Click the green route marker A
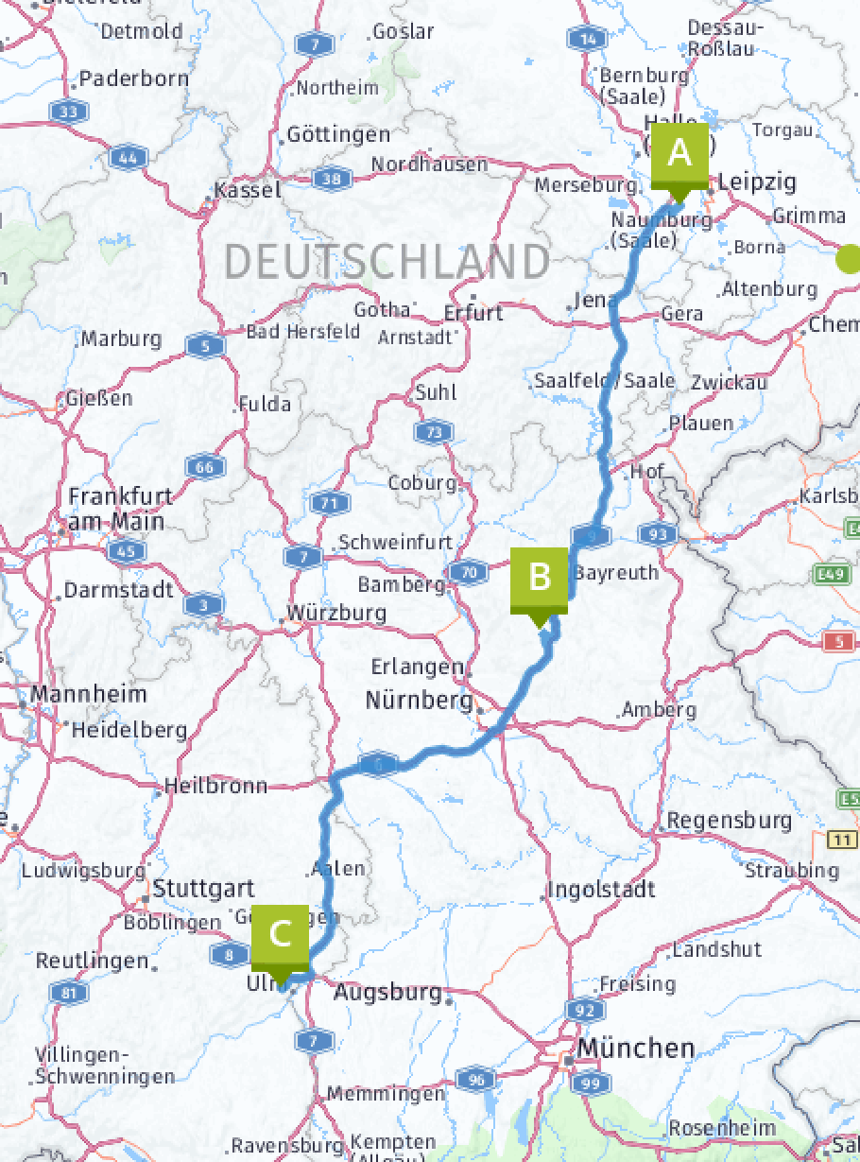pos(679,153)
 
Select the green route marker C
pos(280,934)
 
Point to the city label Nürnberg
pos(419,702)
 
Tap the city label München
pos(636,1048)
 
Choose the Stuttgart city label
pos(203,889)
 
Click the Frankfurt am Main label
pos(115,509)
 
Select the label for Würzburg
pos(336,613)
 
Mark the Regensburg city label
pos(729,820)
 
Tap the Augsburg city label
pos(387,993)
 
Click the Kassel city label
pos(249,190)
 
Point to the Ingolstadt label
pos(601,890)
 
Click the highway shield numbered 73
pos(433,432)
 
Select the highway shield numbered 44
pos(128,157)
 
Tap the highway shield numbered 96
pos(475,1079)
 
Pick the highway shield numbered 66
pos(205,466)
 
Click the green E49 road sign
pos(831,573)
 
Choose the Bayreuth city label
pos(616,573)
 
